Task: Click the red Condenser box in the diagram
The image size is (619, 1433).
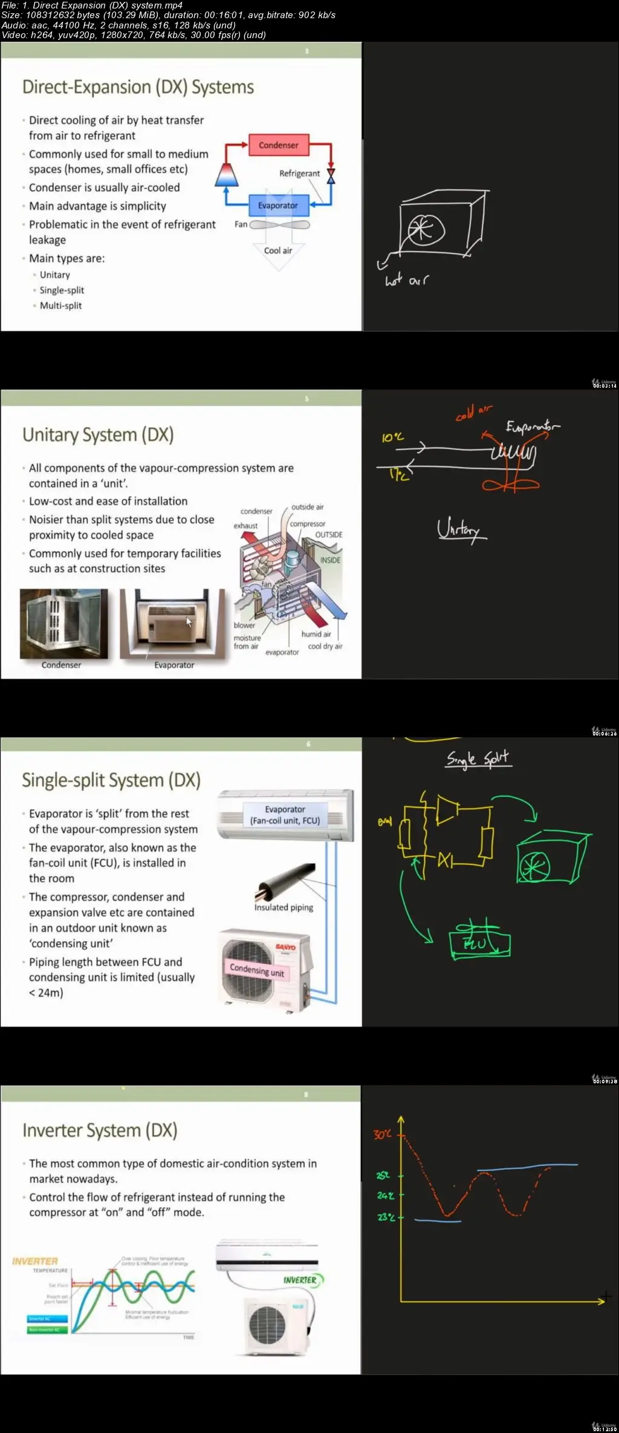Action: coord(278,145)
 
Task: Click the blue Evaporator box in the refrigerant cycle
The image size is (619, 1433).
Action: coord(278,206)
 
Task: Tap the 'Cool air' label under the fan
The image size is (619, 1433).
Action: coord(278,250)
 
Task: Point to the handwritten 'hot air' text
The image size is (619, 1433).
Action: coord(406,280)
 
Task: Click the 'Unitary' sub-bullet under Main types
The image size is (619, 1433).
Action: coord(55,275)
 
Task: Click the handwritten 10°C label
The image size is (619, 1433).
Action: coord(392,437)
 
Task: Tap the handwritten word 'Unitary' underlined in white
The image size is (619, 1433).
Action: coord(461,530)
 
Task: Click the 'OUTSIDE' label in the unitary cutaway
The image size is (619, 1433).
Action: coord(329,535)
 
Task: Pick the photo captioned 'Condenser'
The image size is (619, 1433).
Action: coord(63,624)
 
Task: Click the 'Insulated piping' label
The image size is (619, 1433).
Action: coord(284,907)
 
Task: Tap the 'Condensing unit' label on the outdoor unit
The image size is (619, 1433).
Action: coord(257,970)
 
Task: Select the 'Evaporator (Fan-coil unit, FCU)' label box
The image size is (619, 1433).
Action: coord(285,815)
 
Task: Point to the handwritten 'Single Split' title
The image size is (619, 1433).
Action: coord(478,759)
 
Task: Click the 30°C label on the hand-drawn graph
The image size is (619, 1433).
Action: coord(383,1134)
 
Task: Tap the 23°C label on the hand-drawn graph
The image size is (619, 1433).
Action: coord(386,1217)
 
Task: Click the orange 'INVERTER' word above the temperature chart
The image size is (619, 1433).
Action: coord(35,1261)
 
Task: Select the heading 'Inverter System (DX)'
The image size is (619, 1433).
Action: coord(100,1131)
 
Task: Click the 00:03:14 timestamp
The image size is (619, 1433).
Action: coord(604,385)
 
